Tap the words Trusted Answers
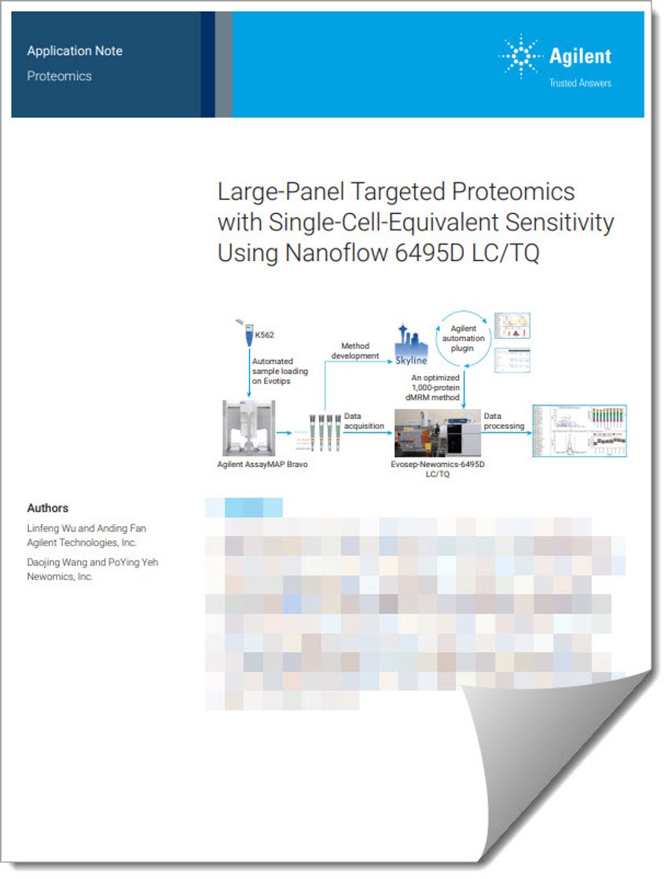[x=580, y=83]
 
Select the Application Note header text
[x=75, y=51]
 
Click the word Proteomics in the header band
[x=59, y=76]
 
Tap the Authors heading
[x=47, y=508]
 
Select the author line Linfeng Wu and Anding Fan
[x=86, y=528]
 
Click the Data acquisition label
[x=364, y=421]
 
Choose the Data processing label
[x=504, y=421]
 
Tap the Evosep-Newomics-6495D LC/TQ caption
[x=438, y=469]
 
